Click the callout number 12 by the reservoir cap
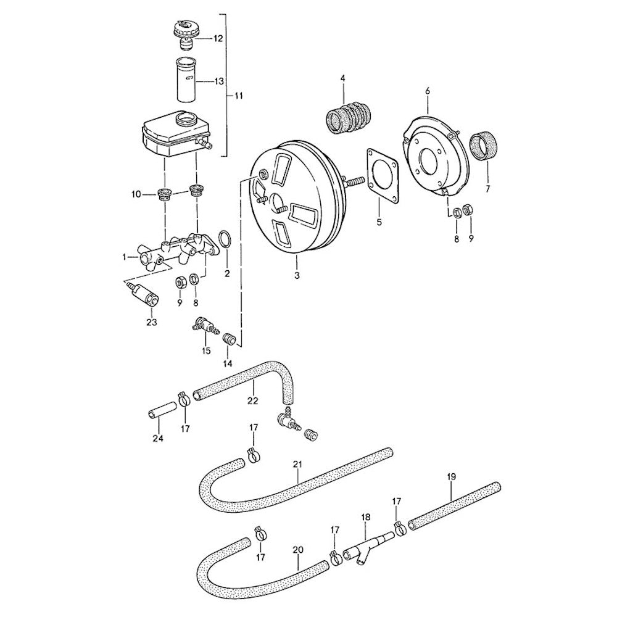(x=218, y=38)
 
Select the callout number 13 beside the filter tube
(x=219, y=81)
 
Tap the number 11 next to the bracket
(x=238, y=96)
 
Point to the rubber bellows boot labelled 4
(x=349, y=116)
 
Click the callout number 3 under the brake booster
(x=297, y=276)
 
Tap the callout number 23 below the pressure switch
(x=152, y=322)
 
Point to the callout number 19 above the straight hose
(x=451, y=476)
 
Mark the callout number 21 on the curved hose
(x=297, y=465)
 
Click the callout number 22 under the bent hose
(x=252, y=400)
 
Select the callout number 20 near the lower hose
(x=298, y=550)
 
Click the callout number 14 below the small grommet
(x=228, y=363)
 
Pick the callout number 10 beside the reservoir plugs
(x=136, y=194)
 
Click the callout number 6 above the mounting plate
(x=428, y=91)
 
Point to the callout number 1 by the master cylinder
(x=125, y=257)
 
